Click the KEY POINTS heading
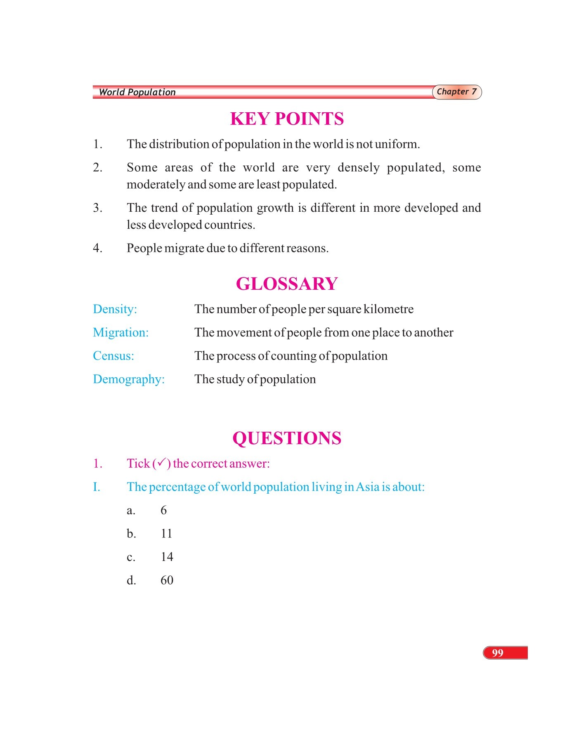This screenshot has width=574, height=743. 287,119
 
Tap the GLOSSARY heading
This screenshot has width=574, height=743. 287,284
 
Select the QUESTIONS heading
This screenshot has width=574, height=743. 287,438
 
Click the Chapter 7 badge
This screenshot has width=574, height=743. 457,92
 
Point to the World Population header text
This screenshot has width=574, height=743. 137,92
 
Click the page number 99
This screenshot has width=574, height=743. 498,653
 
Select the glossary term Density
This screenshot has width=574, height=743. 115,309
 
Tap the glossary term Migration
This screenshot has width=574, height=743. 120,333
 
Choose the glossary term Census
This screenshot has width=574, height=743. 113,356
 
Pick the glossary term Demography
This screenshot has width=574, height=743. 129,379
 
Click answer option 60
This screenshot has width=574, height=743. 167,580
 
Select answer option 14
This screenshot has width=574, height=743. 167,557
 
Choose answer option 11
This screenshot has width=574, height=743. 166,534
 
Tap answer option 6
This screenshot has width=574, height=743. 163,510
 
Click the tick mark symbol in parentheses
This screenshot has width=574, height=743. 162,463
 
